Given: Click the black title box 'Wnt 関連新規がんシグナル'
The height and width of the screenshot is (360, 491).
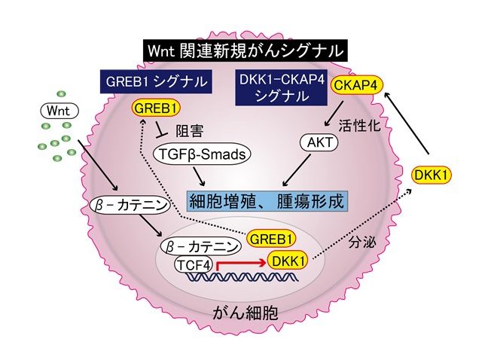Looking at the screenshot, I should coord(245,51).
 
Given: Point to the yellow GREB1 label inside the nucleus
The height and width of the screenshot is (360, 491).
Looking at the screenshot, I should coord(270,239).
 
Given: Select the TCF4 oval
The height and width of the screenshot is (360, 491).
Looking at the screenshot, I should coord(193,264).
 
